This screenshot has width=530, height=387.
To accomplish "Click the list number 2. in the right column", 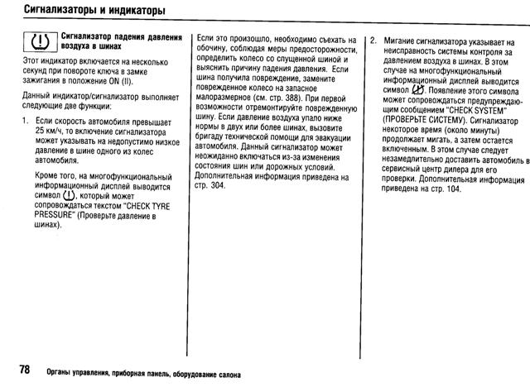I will coord(373,40).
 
